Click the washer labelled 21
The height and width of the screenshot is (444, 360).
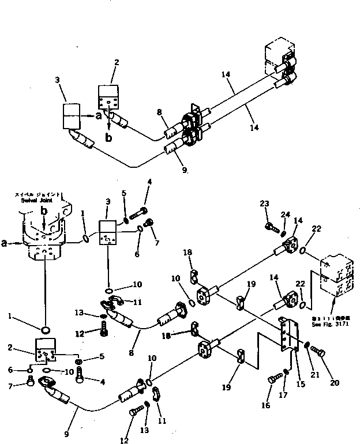308,347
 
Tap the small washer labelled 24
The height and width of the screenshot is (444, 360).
283,233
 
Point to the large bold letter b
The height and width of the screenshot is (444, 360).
108,137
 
